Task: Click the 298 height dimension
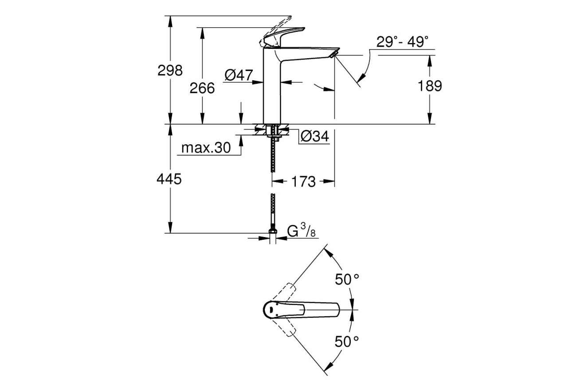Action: [x=170, y=70]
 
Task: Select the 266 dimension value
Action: [x=202, y=88]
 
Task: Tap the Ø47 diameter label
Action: [x=238, y=75]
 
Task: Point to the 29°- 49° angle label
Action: [x=402, y=42]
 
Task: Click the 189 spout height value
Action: [x=430, y=86]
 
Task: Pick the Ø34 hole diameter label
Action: [x=314, y=137]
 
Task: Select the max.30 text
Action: [x=206, y=148]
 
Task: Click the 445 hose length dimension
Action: [x=169, y=179]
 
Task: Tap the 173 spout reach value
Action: [x=303, y=181]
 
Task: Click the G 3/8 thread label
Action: [x=301, y=231]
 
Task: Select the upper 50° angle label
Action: [x=346, y=279]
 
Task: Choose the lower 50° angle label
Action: [x=346, y=341]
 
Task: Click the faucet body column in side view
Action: [x=272, y=89]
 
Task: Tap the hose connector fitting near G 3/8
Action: [x=273, y=232]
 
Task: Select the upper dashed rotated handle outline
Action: [x=284, y=293]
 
